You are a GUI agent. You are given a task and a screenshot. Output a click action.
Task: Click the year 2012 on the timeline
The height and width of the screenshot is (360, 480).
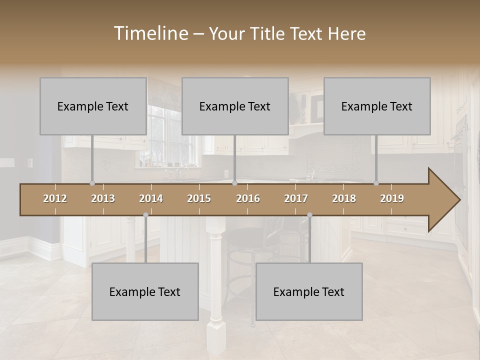[x=55, y=198]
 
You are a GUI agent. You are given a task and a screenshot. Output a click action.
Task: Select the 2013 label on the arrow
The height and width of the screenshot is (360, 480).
[x=103, y=198]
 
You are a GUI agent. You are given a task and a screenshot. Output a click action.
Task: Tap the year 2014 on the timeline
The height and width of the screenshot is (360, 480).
[x=151, y=198]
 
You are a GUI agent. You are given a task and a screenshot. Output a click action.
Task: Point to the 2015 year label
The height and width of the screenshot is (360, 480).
[x=199, y=198]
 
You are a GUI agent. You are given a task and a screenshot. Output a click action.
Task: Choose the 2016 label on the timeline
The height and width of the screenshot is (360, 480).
[x=248, y=198]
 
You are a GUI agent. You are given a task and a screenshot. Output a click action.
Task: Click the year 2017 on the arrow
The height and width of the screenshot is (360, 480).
[x=296, y=198]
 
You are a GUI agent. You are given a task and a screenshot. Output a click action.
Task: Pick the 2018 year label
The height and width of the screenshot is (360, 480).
[x=344, y=198]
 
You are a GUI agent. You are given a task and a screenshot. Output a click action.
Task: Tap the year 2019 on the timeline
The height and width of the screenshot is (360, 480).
[x=392, y=198]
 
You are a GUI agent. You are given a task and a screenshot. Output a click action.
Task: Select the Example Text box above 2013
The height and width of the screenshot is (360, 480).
[x=93, y=106]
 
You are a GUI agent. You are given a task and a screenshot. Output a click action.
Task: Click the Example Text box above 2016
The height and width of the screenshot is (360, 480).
[x=235, y=106]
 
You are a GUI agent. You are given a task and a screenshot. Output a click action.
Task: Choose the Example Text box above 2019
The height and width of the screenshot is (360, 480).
[x=377, y=106]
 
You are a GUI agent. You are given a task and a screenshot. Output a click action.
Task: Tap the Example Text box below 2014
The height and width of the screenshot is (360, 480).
[x=145, y=291]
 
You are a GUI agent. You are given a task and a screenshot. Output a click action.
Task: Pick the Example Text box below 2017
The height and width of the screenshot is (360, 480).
[x=309, y=291]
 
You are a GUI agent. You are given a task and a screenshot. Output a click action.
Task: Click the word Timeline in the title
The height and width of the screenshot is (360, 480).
[x=150, y=33]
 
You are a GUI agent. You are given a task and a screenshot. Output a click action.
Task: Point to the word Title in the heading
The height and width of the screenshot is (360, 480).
[x=270, y=33]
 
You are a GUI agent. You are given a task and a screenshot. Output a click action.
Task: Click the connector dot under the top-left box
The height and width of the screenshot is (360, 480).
[x=92, y=183]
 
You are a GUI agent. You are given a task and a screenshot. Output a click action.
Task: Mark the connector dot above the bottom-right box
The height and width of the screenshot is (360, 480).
[x=309, y=215]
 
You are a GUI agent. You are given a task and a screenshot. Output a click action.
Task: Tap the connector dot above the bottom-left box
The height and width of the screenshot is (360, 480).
[x=145, y=215]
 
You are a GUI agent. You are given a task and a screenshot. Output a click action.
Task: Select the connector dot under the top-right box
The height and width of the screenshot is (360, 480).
[x=376, y=183]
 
